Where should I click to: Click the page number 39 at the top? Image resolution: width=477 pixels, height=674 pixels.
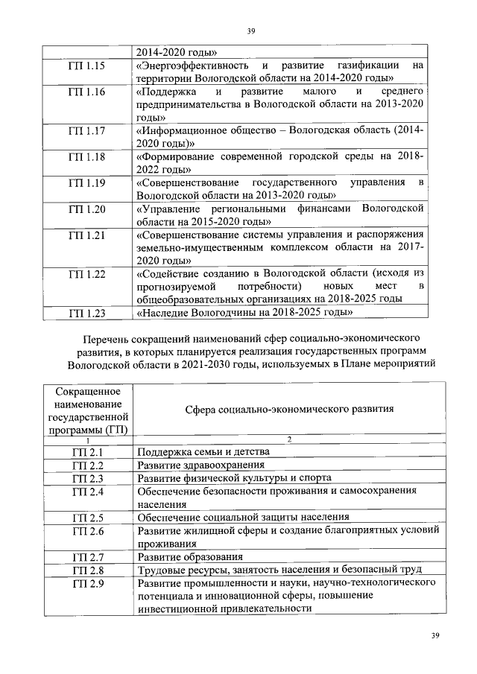pyautogui.click(x=250, y=31)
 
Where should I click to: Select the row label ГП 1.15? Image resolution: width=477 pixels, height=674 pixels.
pyautogui.click(x=86, y=66)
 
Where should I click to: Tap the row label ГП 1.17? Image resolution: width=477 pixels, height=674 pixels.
pyautogui.click(x=86, y=131)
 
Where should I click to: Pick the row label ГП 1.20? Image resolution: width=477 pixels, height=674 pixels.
pyautogui.click(x=86, y=209)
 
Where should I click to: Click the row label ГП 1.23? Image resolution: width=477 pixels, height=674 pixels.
pyautogui.click(x=86, y=313)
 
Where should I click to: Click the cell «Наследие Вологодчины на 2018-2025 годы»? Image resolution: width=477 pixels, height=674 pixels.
pyautogui.click(x=244, y=313)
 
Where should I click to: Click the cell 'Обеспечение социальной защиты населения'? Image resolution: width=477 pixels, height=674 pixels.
pyautogui.click(x=244, y=516)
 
